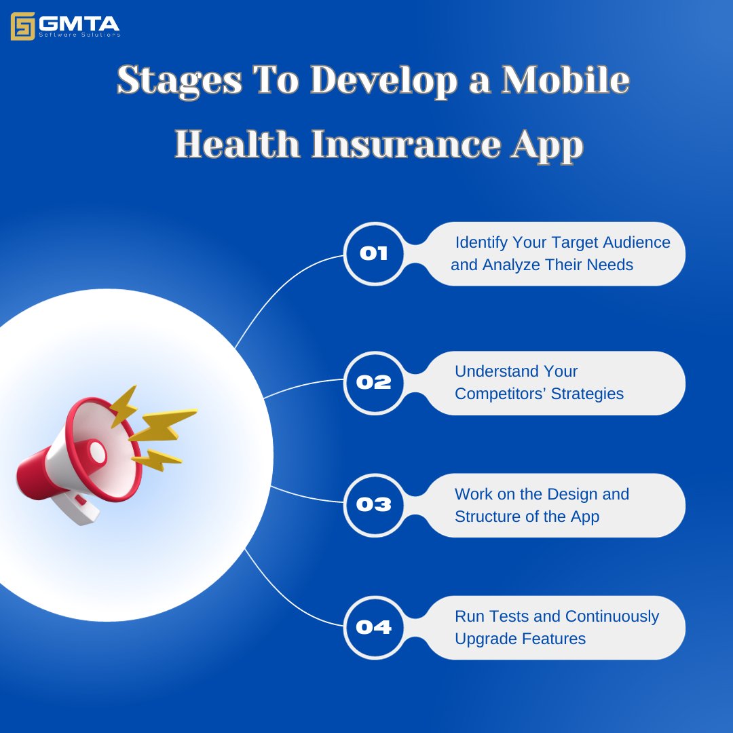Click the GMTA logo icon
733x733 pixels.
pos(22,26)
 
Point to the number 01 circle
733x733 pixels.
pos(374,254)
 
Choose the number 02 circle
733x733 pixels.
pos(374,383)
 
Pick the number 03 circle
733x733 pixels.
pos(374,505)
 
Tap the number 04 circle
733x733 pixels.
pos(374,627)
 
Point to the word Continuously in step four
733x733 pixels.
pos(612,616)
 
